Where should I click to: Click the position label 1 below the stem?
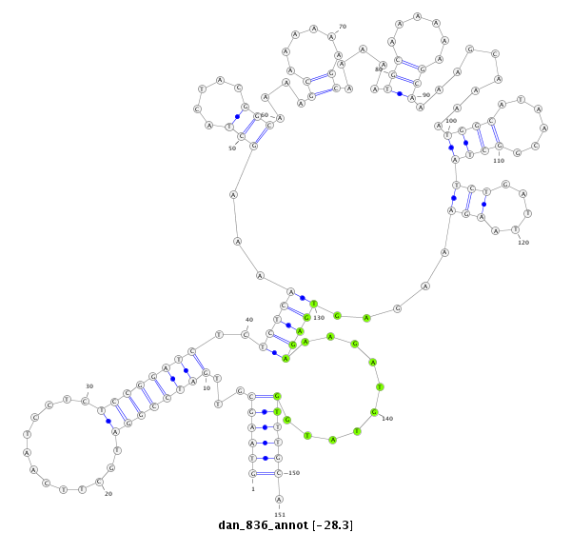pyautogui.click(x=253, y=489)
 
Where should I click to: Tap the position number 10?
pyautogui.click(x=207, y=388)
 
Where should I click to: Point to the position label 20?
pyautogui.click(x=108, y=494)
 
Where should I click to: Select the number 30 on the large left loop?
pyautogui.click(x=89, y=386)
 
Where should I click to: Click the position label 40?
pyautogui.click(x=249, y=320)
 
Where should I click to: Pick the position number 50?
pyautogui.click(x=231, y=148)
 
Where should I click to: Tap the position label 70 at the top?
pyautogui.click(x=343, y=27)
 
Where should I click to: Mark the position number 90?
pyautogui.click(x=425, y=95)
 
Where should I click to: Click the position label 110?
pyautogui.click(x=499, y=161)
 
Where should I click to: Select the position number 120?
pyautogui.click(x=523, y=243)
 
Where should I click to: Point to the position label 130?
pyautogui.click(x=320, y=317)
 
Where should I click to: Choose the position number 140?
pyautogui.click(x=387, y=419)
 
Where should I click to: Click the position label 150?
pyautogui.click(x=294, y=473)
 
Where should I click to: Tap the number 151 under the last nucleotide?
pyautogui.click(x=279, y=515)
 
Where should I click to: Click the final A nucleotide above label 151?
pyautogui.click(x=279, y=500)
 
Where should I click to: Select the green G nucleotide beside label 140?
pyautogui.click(x=375, y=412)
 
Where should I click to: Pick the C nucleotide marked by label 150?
pyautogui.click(x=278, y=473)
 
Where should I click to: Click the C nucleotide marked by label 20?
pyautogui.click(x=98, y=484)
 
